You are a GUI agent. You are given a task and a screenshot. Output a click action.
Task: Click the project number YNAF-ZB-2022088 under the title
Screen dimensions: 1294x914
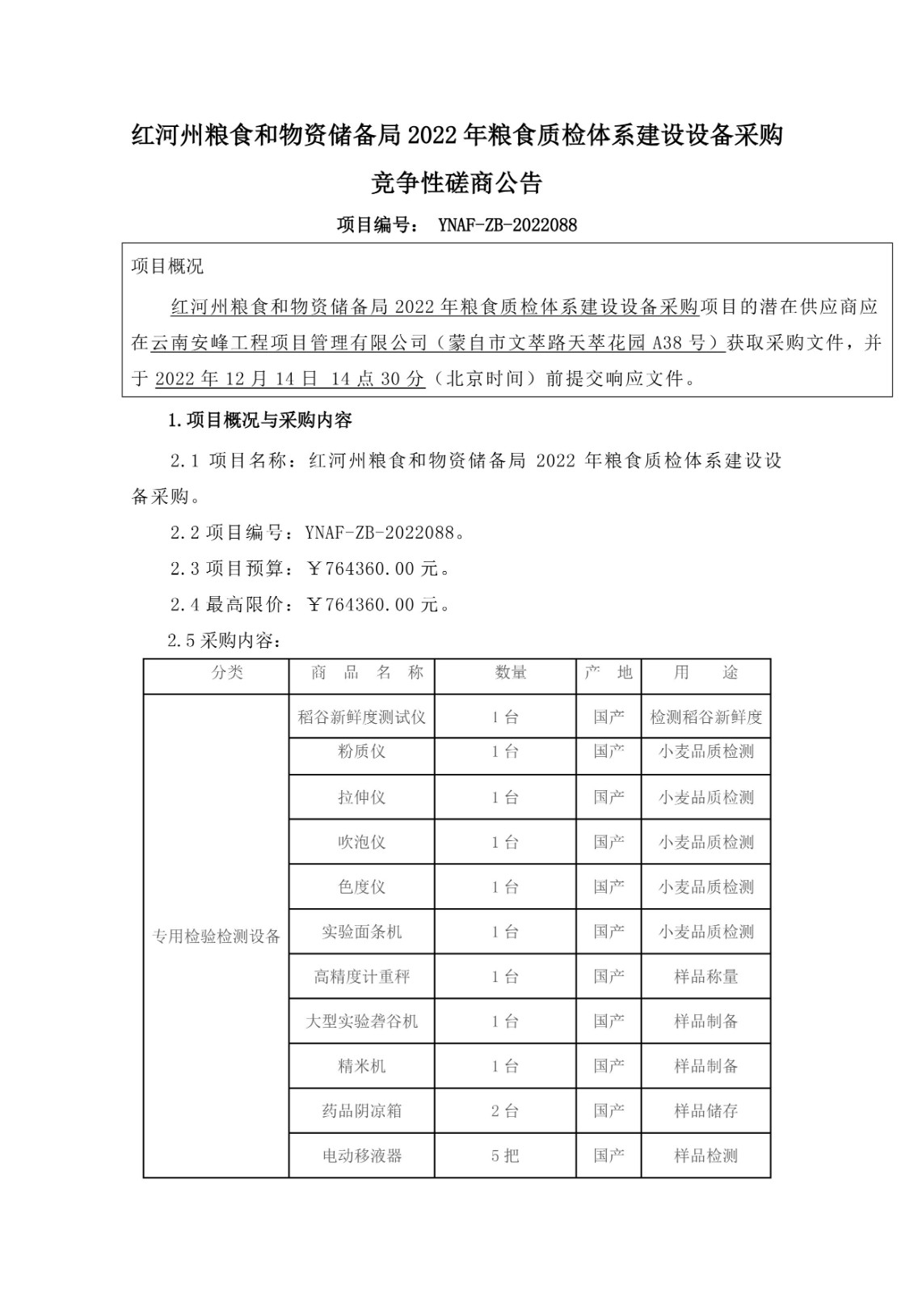507,225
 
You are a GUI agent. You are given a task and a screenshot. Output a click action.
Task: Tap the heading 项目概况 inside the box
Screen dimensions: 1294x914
167,266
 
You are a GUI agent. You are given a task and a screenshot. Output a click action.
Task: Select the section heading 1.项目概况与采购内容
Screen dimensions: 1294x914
259,421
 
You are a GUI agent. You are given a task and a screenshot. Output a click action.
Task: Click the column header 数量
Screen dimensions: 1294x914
511,673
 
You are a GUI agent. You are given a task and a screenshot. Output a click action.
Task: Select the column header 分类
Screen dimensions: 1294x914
227,673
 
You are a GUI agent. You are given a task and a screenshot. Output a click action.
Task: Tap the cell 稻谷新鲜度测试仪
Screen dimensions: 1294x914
361,717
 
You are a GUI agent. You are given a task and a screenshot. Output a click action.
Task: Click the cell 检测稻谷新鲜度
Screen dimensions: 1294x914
706,717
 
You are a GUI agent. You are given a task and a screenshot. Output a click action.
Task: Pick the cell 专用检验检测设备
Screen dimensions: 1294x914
217,936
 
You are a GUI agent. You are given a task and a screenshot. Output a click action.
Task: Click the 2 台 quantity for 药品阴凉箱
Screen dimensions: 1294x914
505,1110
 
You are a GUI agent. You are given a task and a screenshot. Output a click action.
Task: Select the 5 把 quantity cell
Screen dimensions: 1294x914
505,1156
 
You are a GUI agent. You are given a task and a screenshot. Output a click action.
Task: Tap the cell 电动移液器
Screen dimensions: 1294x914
361,1156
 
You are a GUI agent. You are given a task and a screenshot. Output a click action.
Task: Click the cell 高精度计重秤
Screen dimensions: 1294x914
361,977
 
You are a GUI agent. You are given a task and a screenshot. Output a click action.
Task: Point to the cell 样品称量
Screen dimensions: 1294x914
706,977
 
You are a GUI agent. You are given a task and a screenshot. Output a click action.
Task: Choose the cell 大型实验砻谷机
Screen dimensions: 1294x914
361,1021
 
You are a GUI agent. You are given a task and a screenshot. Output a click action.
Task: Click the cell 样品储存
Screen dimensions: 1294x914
706,1110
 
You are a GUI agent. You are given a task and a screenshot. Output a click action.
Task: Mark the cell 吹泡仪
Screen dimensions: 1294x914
361,842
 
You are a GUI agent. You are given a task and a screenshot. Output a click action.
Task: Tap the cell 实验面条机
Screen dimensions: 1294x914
361,932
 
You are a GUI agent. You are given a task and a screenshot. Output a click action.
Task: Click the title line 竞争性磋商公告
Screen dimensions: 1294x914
457,184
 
